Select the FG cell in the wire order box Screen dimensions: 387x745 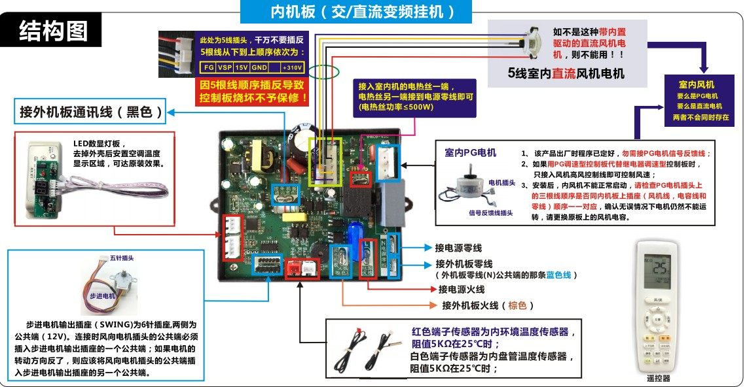(209, 67)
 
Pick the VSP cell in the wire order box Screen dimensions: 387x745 (225, 67)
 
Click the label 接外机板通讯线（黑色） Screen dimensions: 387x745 (91, 112)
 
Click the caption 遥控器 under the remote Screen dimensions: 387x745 (658, 378)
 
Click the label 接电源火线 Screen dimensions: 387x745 (462, 290)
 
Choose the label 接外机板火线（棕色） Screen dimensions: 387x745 (488, 305)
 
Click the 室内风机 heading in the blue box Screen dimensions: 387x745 (696, 85)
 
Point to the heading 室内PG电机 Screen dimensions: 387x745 (470, 153)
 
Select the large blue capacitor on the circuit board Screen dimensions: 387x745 (354, 233)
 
